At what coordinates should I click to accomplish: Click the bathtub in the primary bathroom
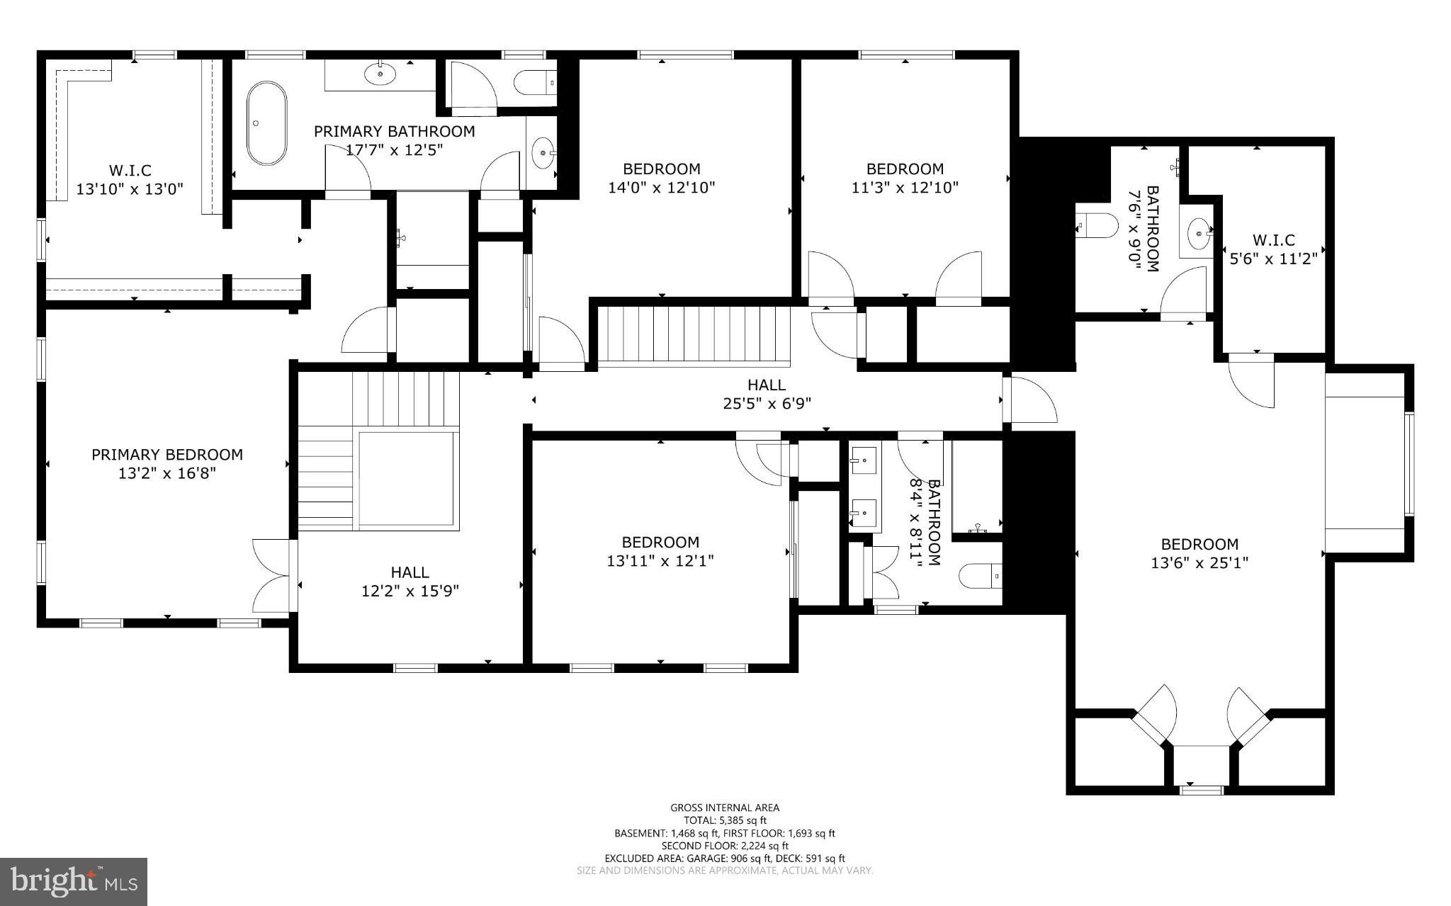coord(266,123)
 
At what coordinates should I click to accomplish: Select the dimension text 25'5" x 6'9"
coord(767,403)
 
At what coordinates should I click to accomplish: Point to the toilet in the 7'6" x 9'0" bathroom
coord(1095,227)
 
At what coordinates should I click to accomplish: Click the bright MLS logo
coord(74,881)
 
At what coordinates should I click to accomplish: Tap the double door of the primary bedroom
coord(272,575)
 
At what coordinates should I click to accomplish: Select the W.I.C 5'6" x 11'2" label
coord(1273,249)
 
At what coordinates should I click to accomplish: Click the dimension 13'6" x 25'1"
coord(1199,563)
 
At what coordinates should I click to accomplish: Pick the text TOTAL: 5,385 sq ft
coord(725,820)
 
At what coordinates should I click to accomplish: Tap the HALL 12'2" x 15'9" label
coord(410,581)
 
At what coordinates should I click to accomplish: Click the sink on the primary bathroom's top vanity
coord(380,72)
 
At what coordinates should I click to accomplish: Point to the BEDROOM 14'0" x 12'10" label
coord(662,178)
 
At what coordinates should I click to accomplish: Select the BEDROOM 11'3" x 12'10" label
coord(905,178)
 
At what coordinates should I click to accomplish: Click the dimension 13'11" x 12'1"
coord(660,561)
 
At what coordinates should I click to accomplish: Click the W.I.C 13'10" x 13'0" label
coord(130,179)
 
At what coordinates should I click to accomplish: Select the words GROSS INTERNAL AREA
coord(725,808)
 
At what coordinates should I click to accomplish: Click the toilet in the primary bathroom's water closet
coord(535,83)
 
